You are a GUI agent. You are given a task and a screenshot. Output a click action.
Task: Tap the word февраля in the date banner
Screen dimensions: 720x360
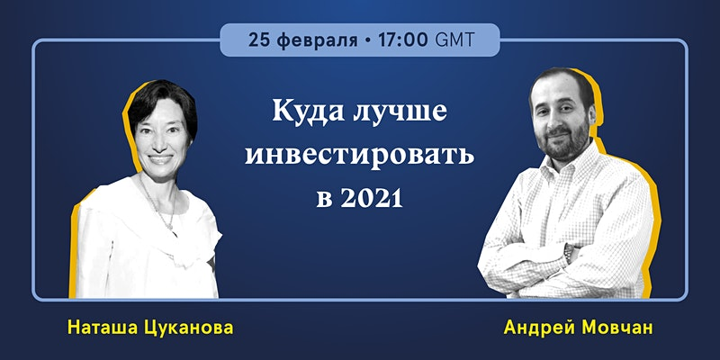point(319,41)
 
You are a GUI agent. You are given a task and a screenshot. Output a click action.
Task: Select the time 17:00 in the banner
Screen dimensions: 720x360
point(403,40)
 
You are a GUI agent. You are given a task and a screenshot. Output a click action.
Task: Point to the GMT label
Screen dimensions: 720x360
point(454,40)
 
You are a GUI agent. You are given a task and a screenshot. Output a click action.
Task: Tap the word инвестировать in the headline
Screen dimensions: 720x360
point(359,156)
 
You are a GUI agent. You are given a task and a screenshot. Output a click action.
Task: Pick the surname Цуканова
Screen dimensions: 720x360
point(192,328)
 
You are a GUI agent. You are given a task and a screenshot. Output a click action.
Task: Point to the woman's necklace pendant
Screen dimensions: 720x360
point(170,226)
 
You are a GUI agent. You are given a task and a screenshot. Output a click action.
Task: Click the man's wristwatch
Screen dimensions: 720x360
point(569,253)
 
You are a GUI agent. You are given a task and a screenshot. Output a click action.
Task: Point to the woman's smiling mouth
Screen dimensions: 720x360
point(161,159)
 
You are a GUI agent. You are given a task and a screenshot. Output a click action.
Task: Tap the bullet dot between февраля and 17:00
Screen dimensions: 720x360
point(368,40)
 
